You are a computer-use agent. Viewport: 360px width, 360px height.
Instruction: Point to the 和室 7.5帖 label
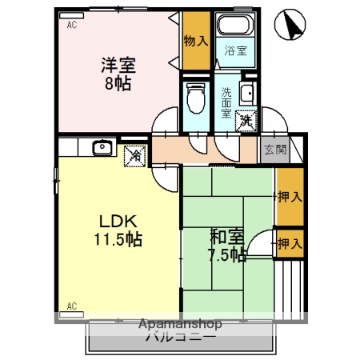[x=227, y=246]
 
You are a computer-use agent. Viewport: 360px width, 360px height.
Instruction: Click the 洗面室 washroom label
[x=227, y=102]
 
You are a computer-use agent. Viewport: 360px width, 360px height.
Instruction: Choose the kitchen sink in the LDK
[x=102, y=148]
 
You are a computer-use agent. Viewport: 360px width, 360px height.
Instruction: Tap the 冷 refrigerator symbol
[x=135, y=154]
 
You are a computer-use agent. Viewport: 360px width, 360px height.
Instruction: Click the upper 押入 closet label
[x=289, y=196]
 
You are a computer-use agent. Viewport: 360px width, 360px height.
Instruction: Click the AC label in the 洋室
[x=71, y=25]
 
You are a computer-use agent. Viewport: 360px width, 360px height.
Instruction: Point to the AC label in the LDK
[x=71, y=306]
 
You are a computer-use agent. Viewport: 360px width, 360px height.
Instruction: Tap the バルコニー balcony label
[x=180, y=338]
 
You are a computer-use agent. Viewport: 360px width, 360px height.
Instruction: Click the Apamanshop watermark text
[x=180, y=325]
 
